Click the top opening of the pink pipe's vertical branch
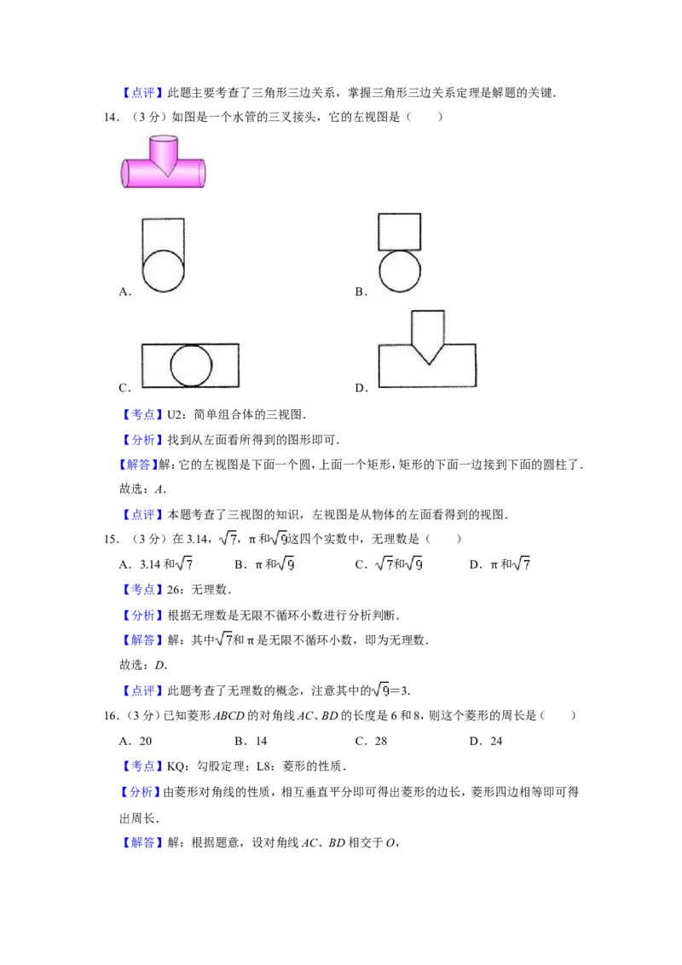tap(163, 138)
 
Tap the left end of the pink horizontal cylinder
tap(125, 173)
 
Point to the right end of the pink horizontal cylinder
tap(202, 172)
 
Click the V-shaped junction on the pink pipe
tap(165, 168)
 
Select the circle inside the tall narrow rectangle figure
tap(163, 272)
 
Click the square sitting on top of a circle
tap(399, 230)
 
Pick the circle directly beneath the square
tap(399, 272)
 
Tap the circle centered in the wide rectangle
tap(191, 365)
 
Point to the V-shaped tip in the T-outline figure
tap(427, 357)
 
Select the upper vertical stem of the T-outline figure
tap(427, 326)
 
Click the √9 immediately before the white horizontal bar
tap(413, 563)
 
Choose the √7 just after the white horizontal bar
tap(522, 563)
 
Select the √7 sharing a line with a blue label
tap(223, 638)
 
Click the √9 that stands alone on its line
tap(380, 689)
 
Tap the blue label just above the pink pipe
tap(142, 92)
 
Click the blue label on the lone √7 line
tap(142, 640)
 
